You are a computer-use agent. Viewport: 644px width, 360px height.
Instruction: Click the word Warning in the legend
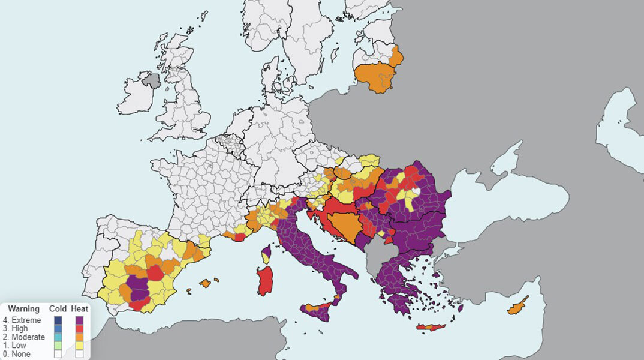(x=24, y=308)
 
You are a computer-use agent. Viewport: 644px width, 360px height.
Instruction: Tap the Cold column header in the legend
(x=58, y=308)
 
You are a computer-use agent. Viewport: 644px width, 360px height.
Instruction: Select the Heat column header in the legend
(x=80, y=308)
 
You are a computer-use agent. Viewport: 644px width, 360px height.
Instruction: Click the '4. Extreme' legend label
(x=22, y=320)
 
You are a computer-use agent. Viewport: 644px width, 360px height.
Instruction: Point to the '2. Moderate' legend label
(x=24, y=337)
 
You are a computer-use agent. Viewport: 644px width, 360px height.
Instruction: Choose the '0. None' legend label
(x=18, y=354)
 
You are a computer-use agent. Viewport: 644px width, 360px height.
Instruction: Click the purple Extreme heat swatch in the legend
(x=80, y=320)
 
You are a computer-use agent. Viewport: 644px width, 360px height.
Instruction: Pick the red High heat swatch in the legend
(x=80, y=329)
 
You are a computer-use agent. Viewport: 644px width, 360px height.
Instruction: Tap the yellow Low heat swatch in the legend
(x=80, y=346)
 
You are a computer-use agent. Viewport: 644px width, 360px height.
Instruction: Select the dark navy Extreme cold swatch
(x=58, y=320)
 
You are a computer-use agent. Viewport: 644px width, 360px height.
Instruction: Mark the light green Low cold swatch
(x=58, y=346)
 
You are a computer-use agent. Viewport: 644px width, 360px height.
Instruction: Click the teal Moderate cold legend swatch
(x=58, y=337)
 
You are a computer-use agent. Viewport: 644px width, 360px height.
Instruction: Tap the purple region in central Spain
(x=139, y=287)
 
